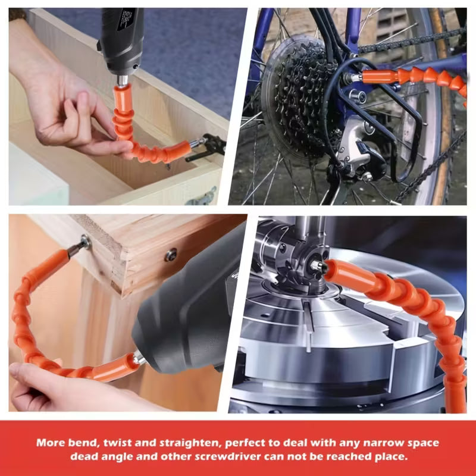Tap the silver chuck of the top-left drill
pyautogui.click(x=123, y=80)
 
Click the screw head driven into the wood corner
pyautogui.click(x=85, y=242)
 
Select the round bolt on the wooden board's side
pyautogui.click(x=171, y=255)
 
